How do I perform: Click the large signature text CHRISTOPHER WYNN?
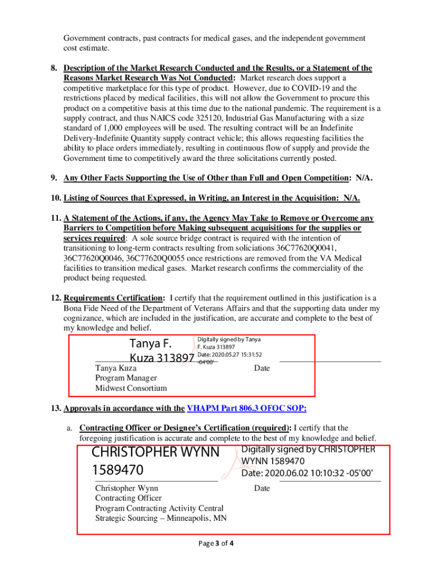(x=155, y=452)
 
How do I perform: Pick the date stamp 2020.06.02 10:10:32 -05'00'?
(x=307, y=473)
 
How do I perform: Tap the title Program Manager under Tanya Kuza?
(x=126, y=378)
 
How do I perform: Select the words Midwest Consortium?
(x=131, y=388)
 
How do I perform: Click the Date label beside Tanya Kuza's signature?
(x=261, y=368)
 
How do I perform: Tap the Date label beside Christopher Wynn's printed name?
(x=261, y=488)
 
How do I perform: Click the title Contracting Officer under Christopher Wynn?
(x=128, y=498)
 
